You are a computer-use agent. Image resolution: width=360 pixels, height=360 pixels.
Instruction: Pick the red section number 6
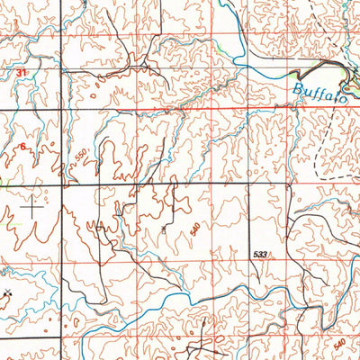click(x=22, y=147)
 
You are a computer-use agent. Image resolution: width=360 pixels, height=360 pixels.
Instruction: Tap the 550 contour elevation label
click(x=83, y=155)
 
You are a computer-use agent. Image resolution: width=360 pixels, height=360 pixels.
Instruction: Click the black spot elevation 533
click(x=261, y=256)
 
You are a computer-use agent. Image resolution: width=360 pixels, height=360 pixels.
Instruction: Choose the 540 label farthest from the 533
click(x=339, y=345)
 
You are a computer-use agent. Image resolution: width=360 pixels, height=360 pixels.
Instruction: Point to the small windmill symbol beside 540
click(x=164, y=229)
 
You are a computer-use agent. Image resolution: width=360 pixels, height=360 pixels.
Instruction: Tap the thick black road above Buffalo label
click(x=319, y=72)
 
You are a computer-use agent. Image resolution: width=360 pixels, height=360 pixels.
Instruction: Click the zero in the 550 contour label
click(x=85, y=151)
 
